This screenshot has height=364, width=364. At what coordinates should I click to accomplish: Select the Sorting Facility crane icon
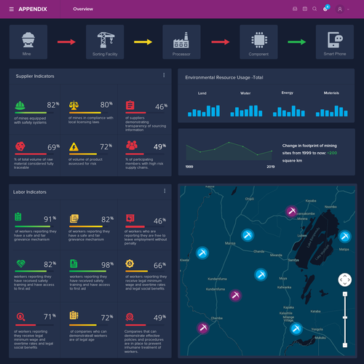click(101, 39)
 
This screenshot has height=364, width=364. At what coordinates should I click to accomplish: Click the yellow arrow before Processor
click(143, 41)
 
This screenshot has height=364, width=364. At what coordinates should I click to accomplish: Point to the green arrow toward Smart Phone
click(296, 41)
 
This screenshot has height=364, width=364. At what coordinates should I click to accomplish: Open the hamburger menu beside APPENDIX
click(12, 9)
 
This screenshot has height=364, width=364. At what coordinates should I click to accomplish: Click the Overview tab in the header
click(83, 9)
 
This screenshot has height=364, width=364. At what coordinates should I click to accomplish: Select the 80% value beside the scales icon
click(106, 106)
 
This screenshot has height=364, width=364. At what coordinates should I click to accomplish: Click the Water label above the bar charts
click(245, 93)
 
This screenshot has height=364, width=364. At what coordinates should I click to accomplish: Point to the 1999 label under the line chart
click(189, 167)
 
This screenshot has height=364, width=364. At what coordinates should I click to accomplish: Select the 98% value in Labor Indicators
click(107, 265)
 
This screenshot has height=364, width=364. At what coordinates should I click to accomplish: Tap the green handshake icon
click(20, 264)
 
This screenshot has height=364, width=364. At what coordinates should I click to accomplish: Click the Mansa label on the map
click(230, 242)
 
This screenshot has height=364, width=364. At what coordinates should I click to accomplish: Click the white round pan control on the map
click(344, 280)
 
